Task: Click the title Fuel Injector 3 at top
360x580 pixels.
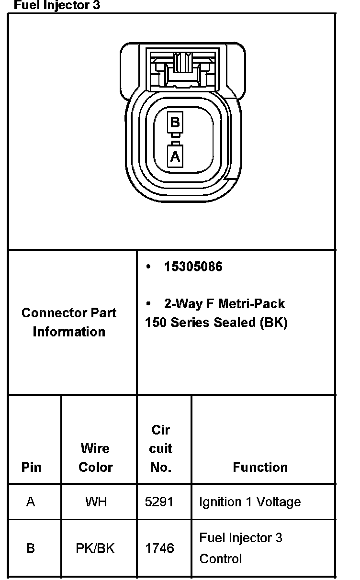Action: click(x=57, y=6)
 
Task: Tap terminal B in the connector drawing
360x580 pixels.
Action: click(x=175, y=122)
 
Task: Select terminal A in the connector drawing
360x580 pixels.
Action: click(x=175, y=156)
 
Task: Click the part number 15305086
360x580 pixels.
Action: click(x=193, y=267)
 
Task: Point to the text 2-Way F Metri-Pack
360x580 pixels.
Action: click(x=224, y=304)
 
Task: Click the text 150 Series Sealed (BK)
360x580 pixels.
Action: click(x=216, y=323)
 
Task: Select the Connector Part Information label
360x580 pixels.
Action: click(x=69, y=322)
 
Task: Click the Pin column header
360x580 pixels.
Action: click(x=31, y=467)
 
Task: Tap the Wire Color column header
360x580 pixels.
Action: click(x=95, y=457)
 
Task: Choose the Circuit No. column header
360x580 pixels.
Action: click(x=161, y=448)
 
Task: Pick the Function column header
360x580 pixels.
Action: click(x=260, y=467)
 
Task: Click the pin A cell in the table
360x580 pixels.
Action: click(x=31, y=502)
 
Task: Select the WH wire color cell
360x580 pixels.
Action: click(x=96, y=502)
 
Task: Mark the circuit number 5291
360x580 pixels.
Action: click(x=159, y=502)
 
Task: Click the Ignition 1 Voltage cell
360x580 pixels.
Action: click(x=250, y=502)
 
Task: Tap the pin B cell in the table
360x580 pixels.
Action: click(x=31, y=548)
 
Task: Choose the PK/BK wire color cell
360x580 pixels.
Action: click(x=95, y=548)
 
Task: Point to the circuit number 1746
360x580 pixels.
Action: click(x=159, y=548)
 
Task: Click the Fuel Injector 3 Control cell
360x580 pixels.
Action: click(x=241, y=548)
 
